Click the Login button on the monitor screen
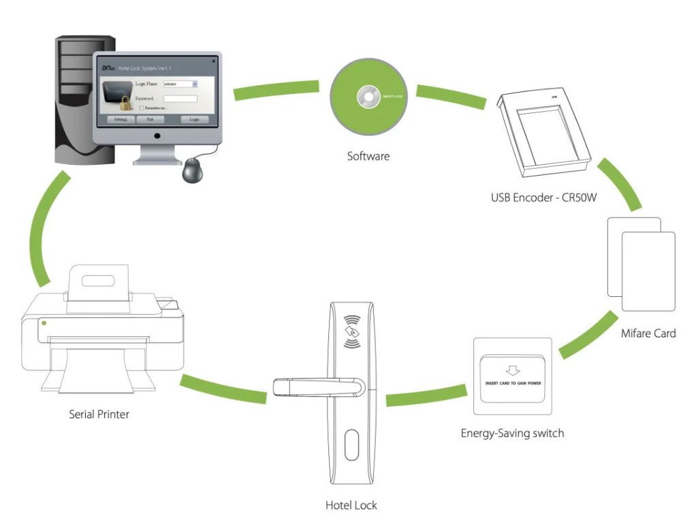point(194,119)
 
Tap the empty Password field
point(180,99)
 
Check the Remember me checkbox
point(141,108)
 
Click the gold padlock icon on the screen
point(126,104)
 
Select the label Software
point(368,156)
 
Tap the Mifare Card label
point(648,333)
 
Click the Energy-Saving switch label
point(512,432)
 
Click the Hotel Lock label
point(351,505)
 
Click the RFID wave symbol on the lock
point(351,332)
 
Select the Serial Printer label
point(99,413)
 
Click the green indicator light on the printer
point(44,322)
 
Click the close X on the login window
point(213,61)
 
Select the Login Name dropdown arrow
point(195,84)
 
